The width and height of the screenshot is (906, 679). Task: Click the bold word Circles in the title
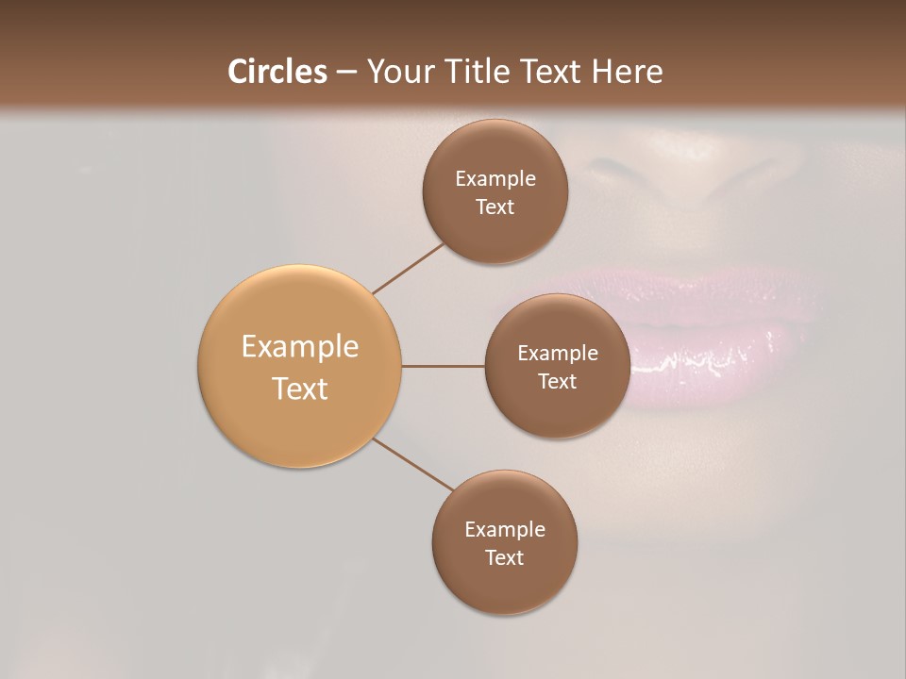[x=277, y=72]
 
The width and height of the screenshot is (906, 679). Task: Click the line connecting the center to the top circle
[x=408, y=268]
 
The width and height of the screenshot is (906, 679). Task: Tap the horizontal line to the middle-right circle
[x=443, y=366]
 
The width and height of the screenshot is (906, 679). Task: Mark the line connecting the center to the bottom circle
[x=413, y=464]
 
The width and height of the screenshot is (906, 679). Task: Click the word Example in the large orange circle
[x=300, y=347]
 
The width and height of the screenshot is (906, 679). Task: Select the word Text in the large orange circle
[x=300, y=389]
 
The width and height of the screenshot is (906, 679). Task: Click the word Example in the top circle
[x=495, y=179]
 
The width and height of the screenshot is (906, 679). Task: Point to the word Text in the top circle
[x=495, y=207]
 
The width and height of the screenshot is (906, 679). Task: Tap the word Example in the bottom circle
[x=505, y=530]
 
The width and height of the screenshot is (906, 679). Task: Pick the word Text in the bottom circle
[x=505, y=558]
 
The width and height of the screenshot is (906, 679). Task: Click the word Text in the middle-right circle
[x=557, y=382]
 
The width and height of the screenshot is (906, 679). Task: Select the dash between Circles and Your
[x=345, y=73]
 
